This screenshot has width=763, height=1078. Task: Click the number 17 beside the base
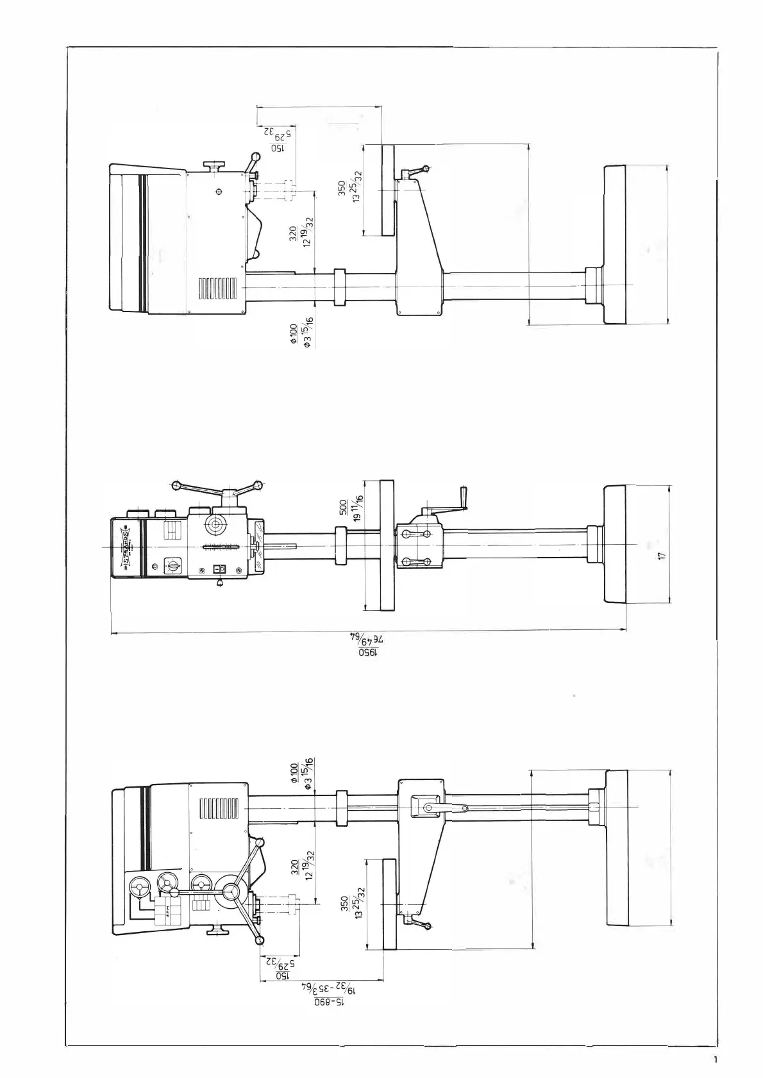click(663, 556)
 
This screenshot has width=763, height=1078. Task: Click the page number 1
click(716, 1059)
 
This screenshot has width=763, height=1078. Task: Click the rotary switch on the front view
click(172, 566)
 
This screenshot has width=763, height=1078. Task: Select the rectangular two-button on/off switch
click(220, 567)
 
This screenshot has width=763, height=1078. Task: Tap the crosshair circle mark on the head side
click(219, 191)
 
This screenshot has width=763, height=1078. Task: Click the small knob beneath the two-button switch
click(221, 583)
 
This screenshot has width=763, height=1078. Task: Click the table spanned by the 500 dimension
click(387, 545)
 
